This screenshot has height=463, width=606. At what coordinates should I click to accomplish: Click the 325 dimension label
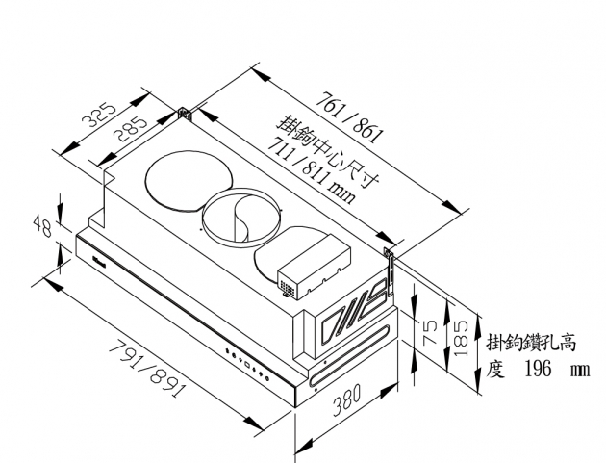pyautogui.click(x=99, y=115)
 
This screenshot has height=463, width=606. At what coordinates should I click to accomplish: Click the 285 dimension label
pyautogui.click(x=131, y=129)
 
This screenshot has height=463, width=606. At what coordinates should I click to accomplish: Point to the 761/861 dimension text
pyautogui.click(x=350, y=117)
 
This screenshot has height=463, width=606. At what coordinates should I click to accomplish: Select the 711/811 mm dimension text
pyautogui.click(x=312, y=169)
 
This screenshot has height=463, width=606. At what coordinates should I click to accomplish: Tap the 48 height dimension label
pyautogui.click(x=42, y=226)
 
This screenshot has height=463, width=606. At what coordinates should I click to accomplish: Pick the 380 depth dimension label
pyautogui.click(x=346, y=399)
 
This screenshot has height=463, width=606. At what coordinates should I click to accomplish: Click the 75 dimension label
pyautogui.click(x=430, y=332)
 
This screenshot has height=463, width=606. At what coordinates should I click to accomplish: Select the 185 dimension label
pyautogui.click(x=461, y=338)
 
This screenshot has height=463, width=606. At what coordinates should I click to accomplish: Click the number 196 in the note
pyautogui.click(x=538, y=369)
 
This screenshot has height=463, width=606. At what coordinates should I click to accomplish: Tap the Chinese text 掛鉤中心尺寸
pyautogui.click(x=328, y=152)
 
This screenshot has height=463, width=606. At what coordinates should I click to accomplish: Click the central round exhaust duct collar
pyautogui.click(x=240, y=218)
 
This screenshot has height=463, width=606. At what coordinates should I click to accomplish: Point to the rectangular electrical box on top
pyautogui.click(x=315, y=268)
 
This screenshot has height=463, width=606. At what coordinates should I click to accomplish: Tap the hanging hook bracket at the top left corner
pyautogui.click(x=185, y=115)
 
